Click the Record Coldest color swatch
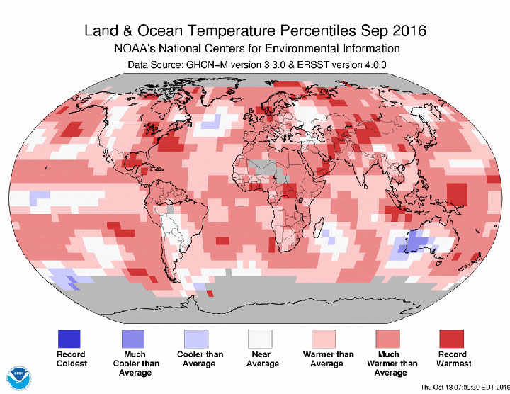pos(69,338)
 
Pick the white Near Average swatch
pos(261,338)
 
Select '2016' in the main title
pos(410,32)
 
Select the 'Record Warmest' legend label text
pos(452,359)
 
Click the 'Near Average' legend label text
pos(261,359)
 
